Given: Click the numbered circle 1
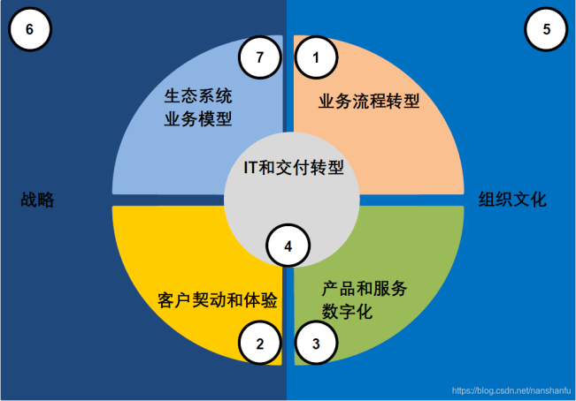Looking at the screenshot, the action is (316, 57).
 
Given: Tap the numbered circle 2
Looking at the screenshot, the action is (260, 343).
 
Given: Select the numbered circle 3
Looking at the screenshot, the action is (316, 343).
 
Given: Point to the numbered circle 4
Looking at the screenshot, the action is (288, 246).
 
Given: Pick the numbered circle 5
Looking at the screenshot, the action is (546, 29).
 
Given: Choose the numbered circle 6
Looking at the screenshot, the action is (30, 29).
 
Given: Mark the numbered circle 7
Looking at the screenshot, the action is (260, 57).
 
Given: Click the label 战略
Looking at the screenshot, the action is (37, 200).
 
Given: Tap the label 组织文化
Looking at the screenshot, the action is (512, 200).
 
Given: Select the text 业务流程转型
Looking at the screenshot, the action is (369, 101).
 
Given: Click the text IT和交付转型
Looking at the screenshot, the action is (294, 168).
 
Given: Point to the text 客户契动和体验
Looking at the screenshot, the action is (217, 300).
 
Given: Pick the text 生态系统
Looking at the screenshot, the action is (198, 96).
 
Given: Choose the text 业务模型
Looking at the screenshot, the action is (198, 119).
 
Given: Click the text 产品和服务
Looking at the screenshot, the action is (365, 289).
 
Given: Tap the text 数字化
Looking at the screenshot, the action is (347, 312).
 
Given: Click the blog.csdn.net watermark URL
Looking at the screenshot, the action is (511, 390).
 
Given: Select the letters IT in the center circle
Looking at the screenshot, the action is (250, 168).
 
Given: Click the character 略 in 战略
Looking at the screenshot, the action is (45, 200).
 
